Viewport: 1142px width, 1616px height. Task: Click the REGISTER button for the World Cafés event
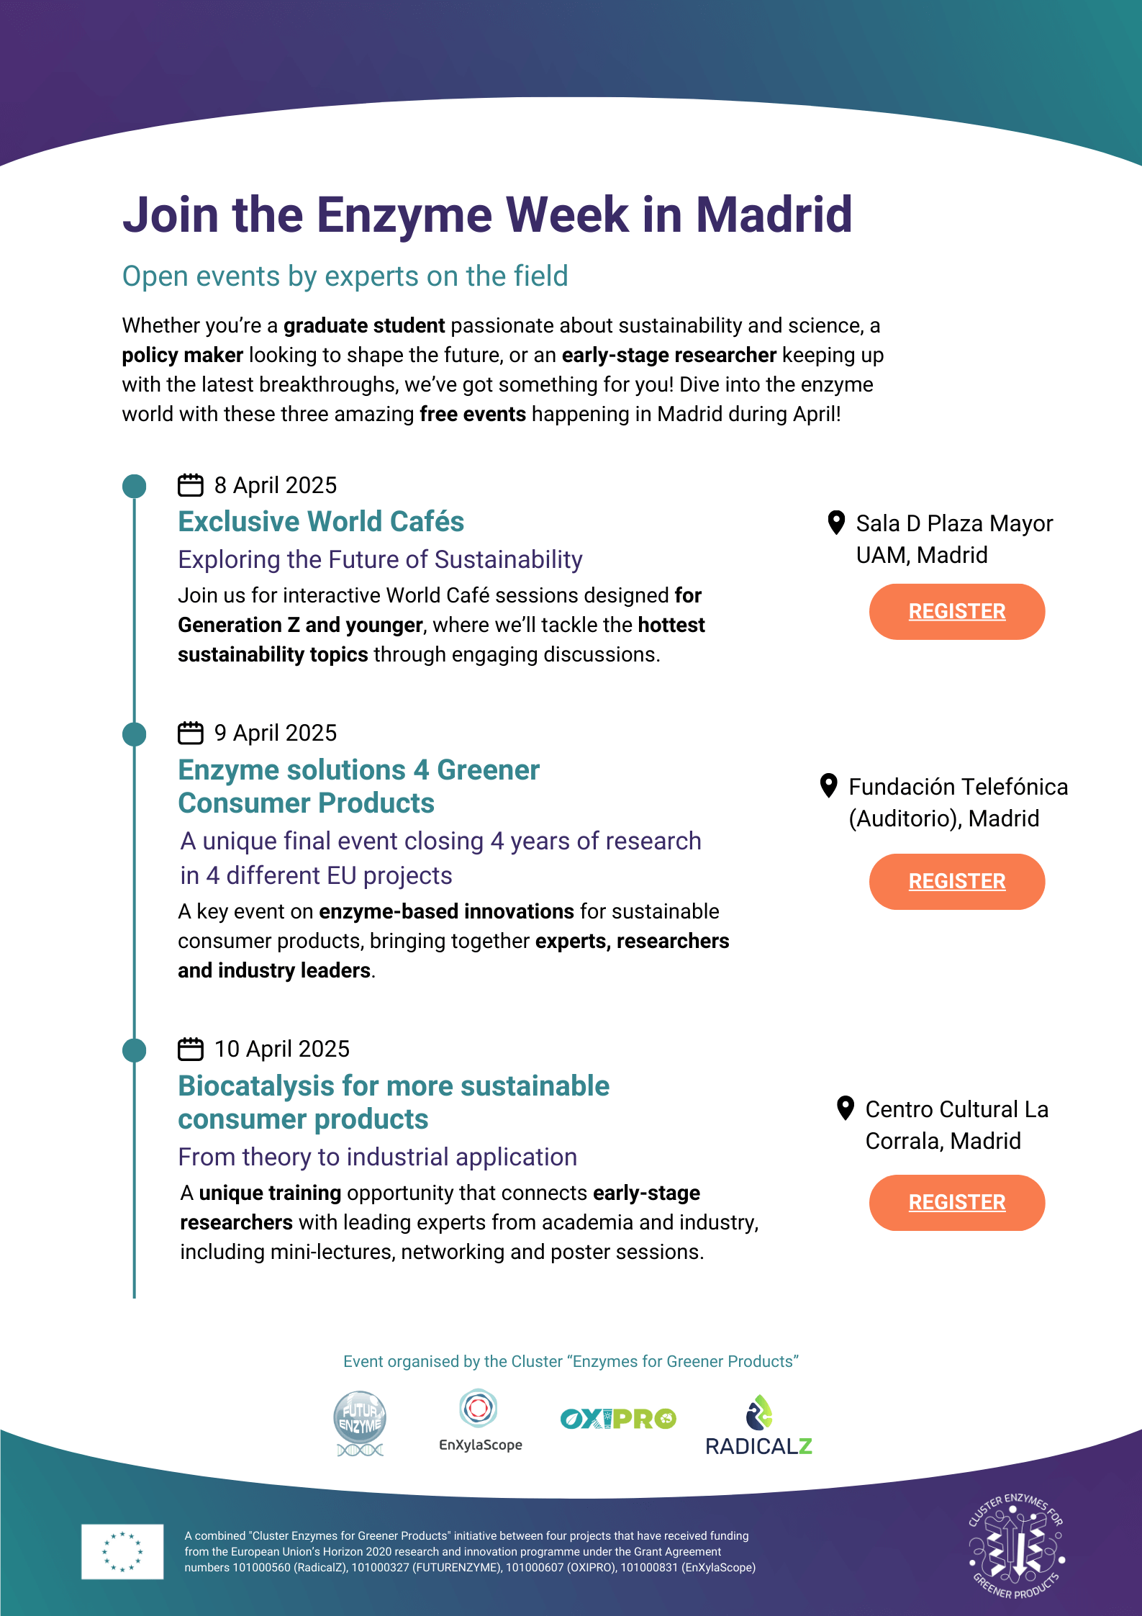click(x=956, y=611)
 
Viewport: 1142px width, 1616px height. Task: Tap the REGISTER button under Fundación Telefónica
click(x=956, y=881)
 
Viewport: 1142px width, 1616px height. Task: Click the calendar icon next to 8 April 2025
click(x=191, y=485)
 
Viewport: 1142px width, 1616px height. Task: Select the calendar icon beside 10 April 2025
click(x=191, y=1049)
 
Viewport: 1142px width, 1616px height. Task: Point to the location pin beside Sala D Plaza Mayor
click(x=836, y=523)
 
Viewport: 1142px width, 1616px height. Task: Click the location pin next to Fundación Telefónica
click(x=829, y=785)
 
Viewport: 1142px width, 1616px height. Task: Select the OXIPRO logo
click(x=618, y=1419)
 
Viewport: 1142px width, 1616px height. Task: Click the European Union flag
click(x=122, y=1551)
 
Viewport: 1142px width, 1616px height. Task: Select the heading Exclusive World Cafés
click(x=321, y=522)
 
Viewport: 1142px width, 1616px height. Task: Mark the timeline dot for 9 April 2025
click(x=135, y=734)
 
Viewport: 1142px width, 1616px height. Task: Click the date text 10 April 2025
click(x=281, y=1049)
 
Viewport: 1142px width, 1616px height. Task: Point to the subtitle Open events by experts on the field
click(x=345, y=276)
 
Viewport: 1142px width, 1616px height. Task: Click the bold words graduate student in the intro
click(x=364, y=326)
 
